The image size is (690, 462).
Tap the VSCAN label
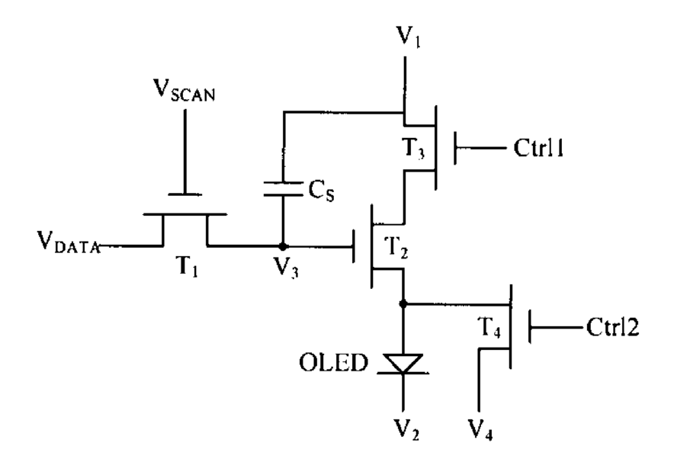[x=184, y=91]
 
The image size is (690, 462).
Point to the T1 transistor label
[x=187, y=266]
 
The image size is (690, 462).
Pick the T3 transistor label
[x=414, y=148]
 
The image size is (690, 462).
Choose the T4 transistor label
[x=489, y=327]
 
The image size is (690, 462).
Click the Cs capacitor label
[x=321, y=191]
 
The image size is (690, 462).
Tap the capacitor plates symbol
[x=283, y=188]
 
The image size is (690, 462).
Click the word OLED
[x=333, y=363]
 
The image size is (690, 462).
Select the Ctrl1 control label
[x=538, y=148]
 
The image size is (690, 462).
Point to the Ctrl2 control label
[x=612, y=327]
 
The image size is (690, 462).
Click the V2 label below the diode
[x=406, y=429]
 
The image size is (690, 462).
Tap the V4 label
[x=480, y=429]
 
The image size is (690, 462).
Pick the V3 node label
[x=286, y=267]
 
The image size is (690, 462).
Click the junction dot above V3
[x=283, y=246]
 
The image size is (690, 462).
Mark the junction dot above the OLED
[x=403, y=303]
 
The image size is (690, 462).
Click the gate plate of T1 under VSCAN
[x=185, y=194]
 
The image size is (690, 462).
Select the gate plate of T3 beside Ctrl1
[x=455, y=148]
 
